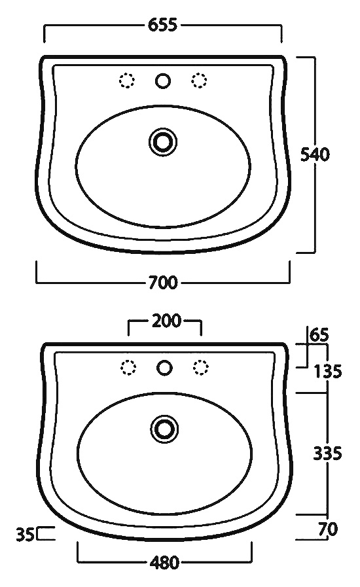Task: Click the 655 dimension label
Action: [162, 25]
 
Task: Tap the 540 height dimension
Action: [315, 154]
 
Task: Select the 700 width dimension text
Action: [163, 282]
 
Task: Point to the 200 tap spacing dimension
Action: [166, 321]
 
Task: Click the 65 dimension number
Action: [319, 334]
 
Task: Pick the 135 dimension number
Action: [328, 371]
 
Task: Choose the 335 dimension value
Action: [327, 454]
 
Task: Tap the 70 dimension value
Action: [328, 529]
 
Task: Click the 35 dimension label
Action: [26, 534]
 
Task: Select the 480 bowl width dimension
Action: [164, 562]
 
